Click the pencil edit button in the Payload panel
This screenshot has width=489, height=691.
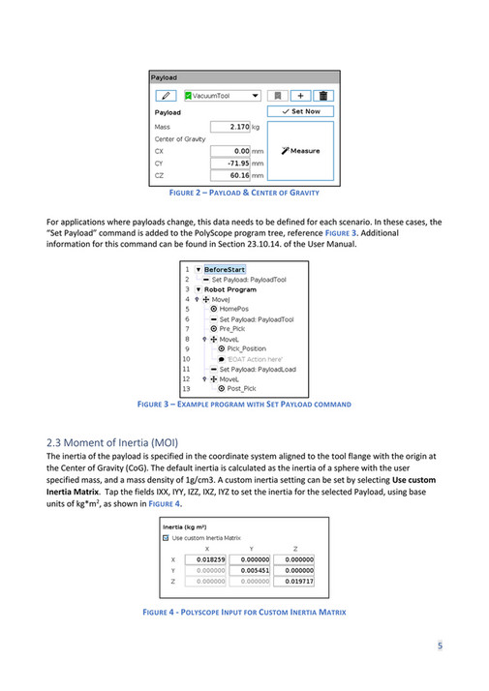166,96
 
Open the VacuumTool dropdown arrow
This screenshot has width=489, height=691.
255,96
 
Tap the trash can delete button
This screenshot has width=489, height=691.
323,96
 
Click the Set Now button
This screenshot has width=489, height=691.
300,111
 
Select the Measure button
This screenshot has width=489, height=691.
300,151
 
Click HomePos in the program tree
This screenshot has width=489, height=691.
235,309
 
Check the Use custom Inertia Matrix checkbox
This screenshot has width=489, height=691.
166,537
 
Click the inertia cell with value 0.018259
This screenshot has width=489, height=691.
205,559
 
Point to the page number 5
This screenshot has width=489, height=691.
440,646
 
